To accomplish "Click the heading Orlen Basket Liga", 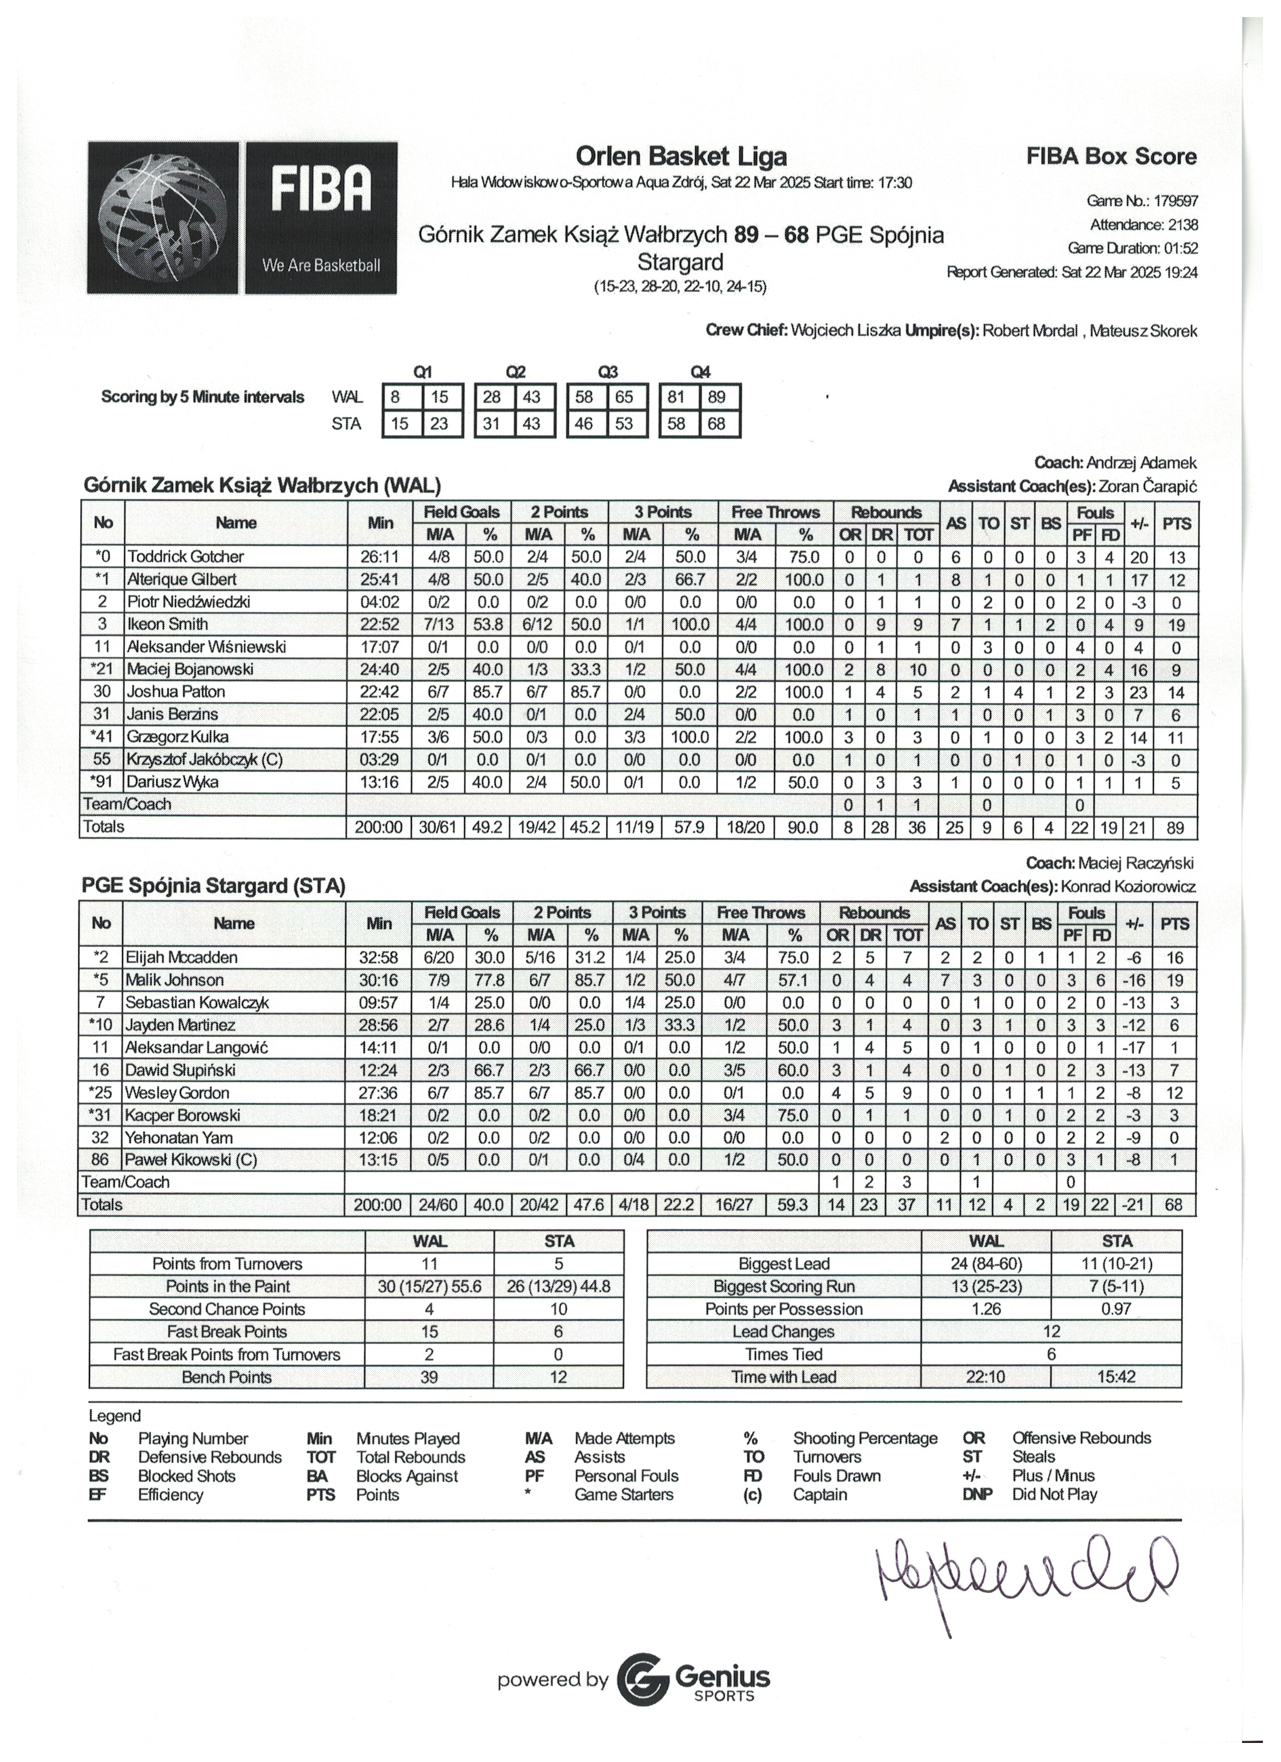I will pos(681,156).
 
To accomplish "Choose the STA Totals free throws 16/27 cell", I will pos(733,1204).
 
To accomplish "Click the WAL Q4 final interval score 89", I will pos(716,397).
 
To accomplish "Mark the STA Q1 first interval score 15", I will pos(399,424).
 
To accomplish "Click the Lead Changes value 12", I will pos(1051,1331).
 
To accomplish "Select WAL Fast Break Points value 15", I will pos(429,1331).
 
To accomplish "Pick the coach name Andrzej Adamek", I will pos(1141,463).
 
